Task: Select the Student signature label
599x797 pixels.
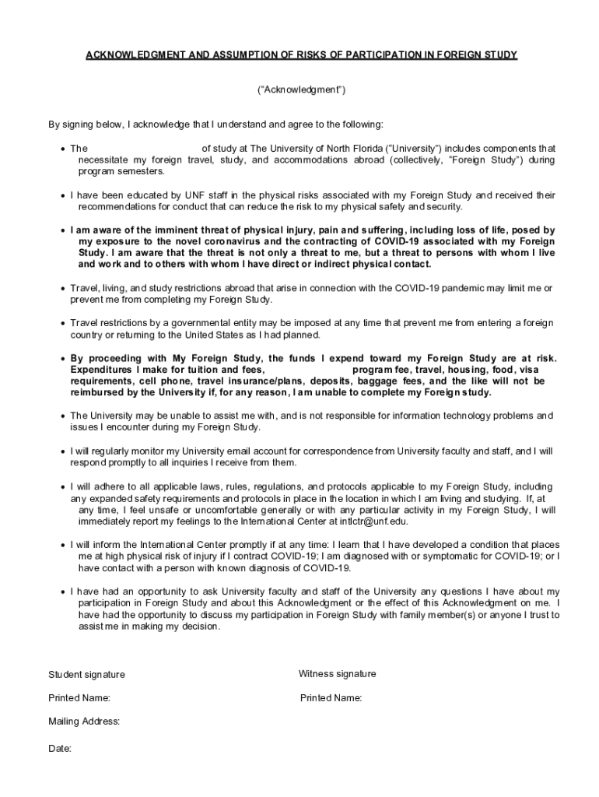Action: pos(86,675)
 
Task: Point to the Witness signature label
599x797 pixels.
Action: pos(337,674)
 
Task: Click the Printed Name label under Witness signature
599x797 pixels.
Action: pos(331,698)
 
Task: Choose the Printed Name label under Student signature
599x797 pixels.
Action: pos(79,698)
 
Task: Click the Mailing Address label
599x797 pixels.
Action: pos(84,722)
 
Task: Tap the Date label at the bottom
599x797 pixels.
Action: pos(60,749)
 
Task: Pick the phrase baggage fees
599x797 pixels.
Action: pos(392,381)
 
